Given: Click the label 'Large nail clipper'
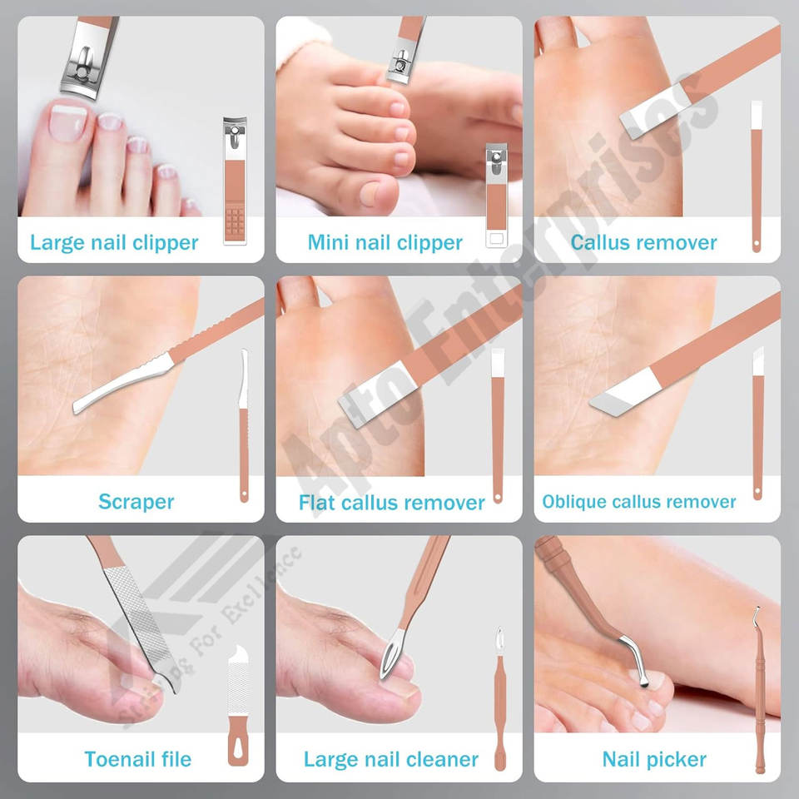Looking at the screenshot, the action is [114, 242].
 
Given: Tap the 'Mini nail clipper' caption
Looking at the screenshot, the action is [385, 242].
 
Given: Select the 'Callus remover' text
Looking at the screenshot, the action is [643, 242].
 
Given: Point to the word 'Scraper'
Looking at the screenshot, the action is [136, 502].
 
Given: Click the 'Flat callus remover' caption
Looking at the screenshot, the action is [391, 503].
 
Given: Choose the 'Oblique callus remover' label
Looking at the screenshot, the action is [639, 502].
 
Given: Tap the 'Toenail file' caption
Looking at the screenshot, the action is [137, 759].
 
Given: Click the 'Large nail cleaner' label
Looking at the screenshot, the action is [391, 760].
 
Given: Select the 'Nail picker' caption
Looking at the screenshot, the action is [654, 760].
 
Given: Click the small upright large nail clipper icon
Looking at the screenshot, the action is [235, 181].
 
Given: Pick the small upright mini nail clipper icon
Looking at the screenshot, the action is [496, 196].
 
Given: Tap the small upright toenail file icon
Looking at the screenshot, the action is [238, 707].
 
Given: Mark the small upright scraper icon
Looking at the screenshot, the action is [244, 425].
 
